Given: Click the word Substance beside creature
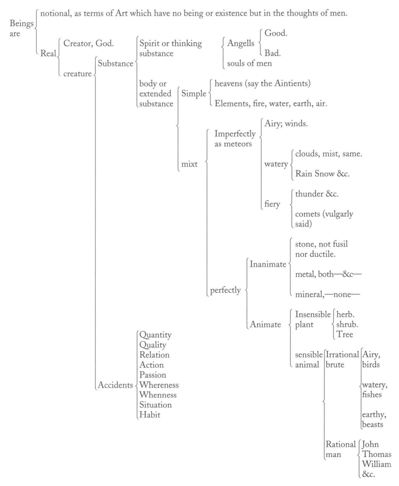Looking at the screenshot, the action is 115,64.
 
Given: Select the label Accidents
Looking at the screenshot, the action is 115,385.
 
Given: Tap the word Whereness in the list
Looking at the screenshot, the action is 159,385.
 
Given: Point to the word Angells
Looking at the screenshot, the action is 241,43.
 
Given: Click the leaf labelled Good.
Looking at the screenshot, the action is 276,33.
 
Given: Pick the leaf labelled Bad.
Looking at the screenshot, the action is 273,53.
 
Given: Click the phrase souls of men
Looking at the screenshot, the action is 250,63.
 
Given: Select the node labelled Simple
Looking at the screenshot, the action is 194,94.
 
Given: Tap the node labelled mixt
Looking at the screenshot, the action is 189,164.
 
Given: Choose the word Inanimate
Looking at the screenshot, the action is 268,264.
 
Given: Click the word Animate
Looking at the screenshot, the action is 265,325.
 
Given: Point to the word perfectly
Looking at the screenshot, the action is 225,290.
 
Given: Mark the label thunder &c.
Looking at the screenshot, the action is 317,194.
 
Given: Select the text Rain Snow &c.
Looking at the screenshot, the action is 322,174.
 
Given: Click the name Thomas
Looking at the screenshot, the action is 377,454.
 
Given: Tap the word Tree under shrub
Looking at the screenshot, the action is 345,334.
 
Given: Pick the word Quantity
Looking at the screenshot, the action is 155,335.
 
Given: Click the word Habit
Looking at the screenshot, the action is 150,414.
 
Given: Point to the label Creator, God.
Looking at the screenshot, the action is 89,43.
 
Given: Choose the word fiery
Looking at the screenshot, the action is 272,204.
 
